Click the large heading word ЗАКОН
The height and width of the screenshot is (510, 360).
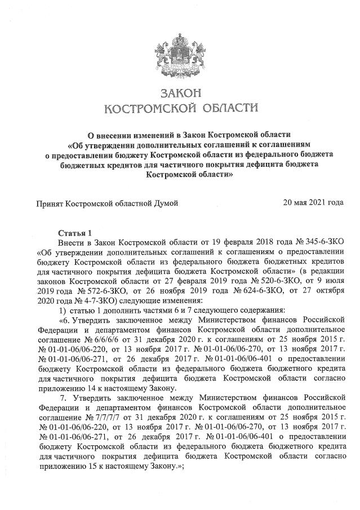click(180, 92)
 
